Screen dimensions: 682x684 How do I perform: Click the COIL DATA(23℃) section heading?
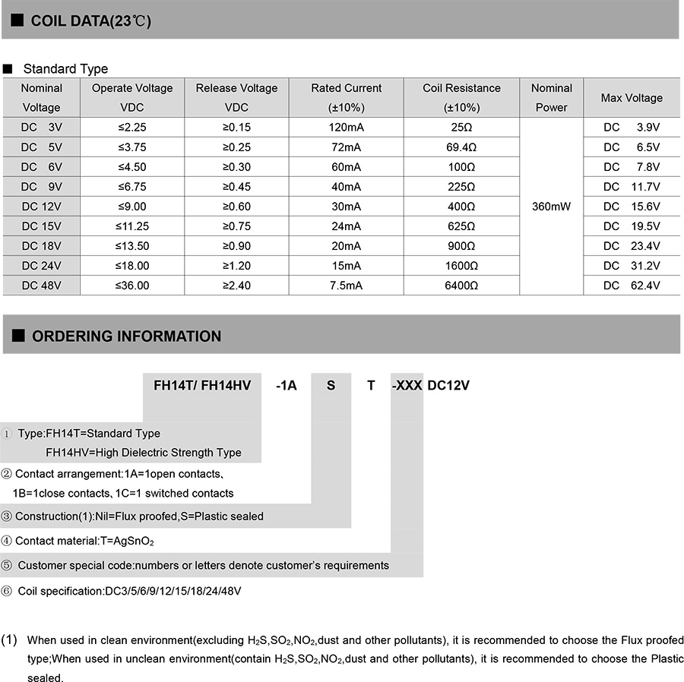[90, 21]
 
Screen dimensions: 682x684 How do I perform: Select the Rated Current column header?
[346, 97]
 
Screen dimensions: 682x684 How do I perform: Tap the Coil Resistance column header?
[461, 97]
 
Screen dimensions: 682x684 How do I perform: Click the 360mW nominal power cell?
[551, 207]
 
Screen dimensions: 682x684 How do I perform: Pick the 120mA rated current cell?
[346, 128]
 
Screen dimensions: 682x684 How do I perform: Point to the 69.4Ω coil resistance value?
[461, 147]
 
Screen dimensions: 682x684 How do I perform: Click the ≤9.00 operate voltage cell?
[132, 207]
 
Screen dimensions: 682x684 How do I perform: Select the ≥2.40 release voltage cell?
[236, 286]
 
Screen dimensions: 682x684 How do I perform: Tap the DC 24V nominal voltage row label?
[41, 266]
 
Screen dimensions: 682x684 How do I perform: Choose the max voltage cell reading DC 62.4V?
[632, 286]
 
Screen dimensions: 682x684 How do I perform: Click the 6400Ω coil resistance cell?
[461, 286]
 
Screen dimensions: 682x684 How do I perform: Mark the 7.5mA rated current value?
[346, 286]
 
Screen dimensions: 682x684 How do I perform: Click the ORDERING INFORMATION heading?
[126, 336]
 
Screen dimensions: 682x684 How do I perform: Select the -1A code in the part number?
[286, 386]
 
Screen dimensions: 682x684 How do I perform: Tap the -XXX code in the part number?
[407, 386]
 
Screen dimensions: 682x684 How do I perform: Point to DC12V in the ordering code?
[448, 386]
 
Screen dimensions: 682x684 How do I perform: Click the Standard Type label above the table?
[65, 69]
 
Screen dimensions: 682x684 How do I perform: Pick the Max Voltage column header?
[632, 98]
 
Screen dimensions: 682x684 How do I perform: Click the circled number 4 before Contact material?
[7, 541]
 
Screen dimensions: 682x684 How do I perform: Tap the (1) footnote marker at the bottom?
[10, 639]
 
